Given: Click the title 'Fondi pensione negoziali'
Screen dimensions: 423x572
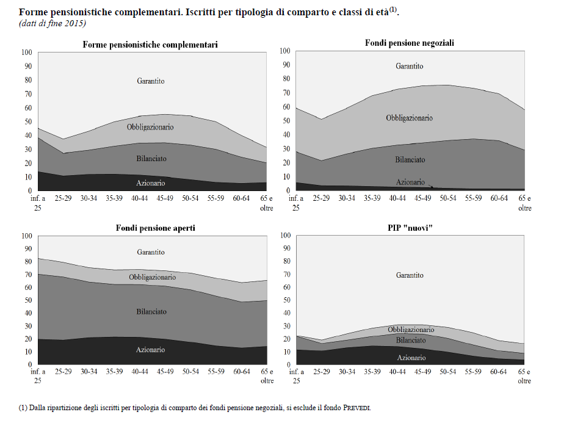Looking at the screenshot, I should point(410,43).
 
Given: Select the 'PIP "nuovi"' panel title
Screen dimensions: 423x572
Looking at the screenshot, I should point(409,228).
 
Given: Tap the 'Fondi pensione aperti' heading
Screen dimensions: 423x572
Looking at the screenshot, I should point(156,228).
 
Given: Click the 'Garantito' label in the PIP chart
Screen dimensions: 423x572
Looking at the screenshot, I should point(409,275).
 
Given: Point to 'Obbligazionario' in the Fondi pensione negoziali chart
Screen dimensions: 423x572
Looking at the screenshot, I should point(409,118).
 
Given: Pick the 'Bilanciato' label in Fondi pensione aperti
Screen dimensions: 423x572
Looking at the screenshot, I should point(151,311).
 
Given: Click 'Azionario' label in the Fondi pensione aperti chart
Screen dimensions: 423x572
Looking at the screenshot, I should point(151,350).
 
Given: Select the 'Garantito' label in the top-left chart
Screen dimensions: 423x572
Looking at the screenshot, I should point(151,81).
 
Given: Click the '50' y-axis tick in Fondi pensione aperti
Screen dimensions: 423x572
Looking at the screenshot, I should point(26,300).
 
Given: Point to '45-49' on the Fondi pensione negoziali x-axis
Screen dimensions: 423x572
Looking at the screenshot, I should point(422,199).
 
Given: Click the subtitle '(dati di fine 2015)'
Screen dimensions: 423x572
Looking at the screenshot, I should point(52,23).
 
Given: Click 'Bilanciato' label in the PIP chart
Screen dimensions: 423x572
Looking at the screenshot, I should point(410,340).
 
